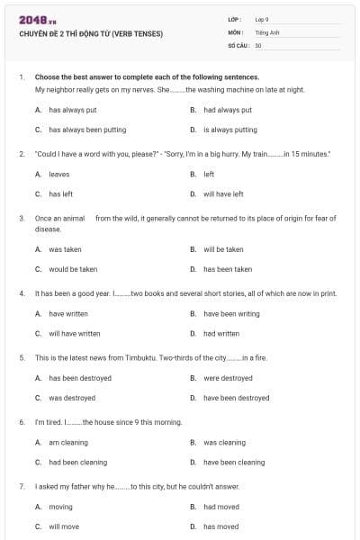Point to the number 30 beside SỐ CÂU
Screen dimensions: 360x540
258,44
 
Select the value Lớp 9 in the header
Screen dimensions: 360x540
261,19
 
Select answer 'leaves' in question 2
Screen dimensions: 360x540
58,174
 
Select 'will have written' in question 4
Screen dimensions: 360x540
75,333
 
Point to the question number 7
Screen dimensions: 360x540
21,486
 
